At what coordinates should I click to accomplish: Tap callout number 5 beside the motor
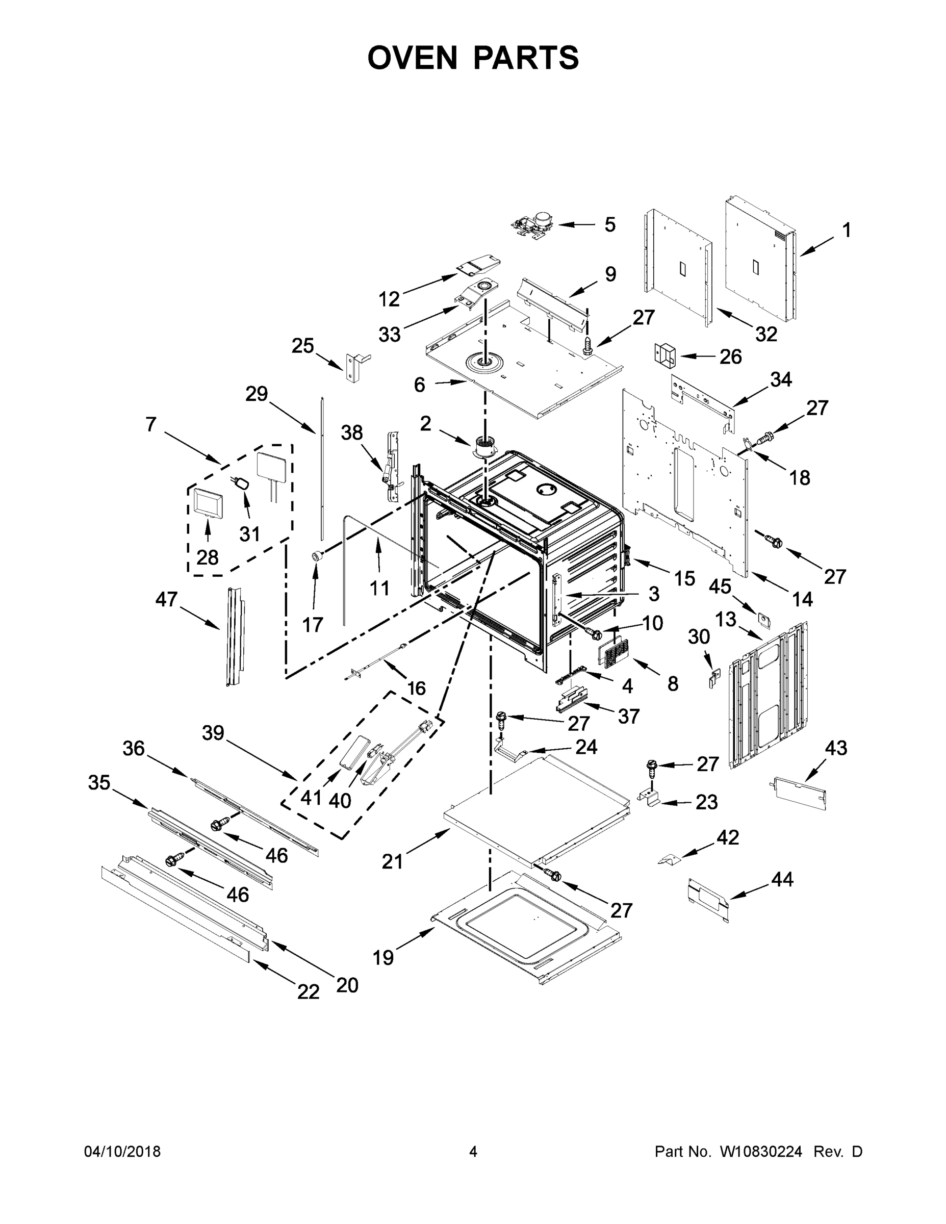[610, 225]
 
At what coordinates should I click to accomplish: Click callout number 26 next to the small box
[730, 356]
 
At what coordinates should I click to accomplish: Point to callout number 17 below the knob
[313, 624]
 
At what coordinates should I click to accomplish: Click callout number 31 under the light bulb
[249, 533]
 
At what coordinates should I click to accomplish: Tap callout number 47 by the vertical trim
[166, 599]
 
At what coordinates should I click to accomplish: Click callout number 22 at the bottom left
[308, 991]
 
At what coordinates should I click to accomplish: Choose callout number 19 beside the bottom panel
[384, 957]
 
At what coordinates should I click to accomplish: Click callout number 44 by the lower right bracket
[782, 879]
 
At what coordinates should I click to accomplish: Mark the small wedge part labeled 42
[669, 859]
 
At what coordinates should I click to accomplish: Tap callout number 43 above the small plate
[836, 748]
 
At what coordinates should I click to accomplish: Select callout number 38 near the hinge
[352, 432]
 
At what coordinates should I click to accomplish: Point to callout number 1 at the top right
[846, 230]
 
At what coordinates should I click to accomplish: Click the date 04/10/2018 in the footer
[122, 1151]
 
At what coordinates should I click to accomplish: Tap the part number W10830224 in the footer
[760, 1151]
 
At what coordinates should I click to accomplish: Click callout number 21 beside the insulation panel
[392, 861]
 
